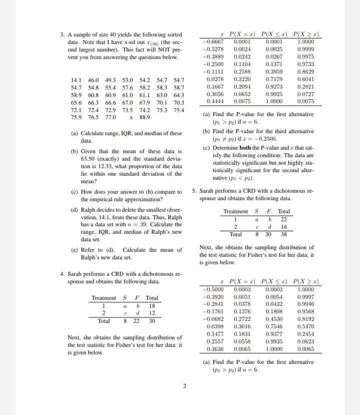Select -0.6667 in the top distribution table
[213, 42]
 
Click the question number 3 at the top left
[62, 35]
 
